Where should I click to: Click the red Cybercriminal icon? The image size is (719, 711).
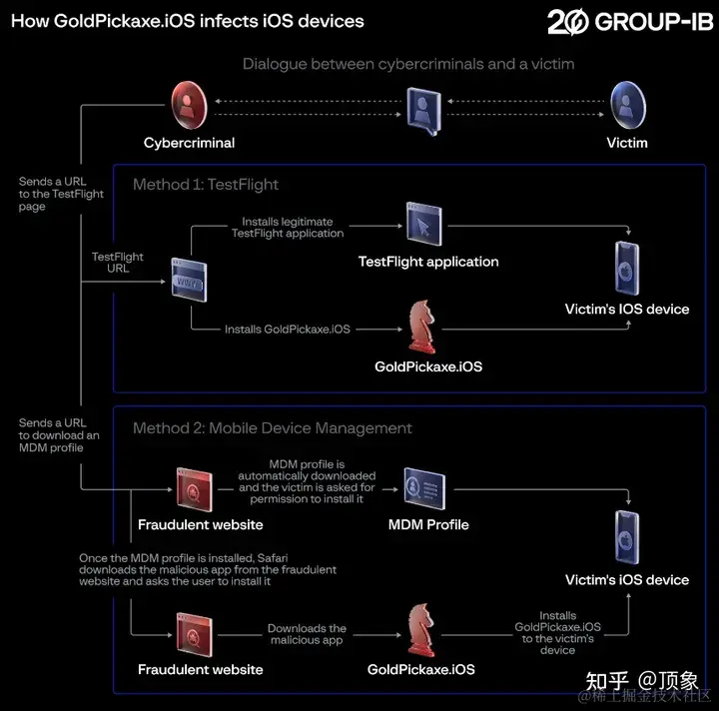(x=188, y=103)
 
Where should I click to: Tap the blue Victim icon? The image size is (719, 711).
(x=627, y=103)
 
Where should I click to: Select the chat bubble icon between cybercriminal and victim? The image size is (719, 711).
(x=422, y=109)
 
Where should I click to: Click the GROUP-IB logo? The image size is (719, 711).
(x=630, y=21)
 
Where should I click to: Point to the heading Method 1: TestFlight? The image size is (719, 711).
(x=206, y=184)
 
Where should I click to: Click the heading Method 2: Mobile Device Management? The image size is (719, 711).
(x=273, y=427)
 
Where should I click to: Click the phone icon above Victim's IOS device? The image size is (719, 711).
(x=627, y=263)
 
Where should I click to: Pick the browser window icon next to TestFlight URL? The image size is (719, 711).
(x=188, y=281)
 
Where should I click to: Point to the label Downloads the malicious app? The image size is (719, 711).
(x=307, y=634)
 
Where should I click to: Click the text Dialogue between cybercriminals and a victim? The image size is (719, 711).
(x=408, y=64)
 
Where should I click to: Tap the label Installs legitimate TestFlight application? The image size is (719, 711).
(x=288, y=227)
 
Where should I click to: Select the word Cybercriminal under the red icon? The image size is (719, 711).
(x=189, y=143)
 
